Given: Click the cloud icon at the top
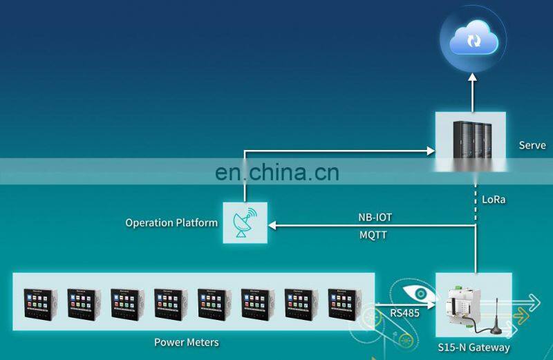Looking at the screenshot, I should click(474, 39).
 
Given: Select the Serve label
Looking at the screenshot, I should click(532, 145).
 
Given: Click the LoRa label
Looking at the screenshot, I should click(494, 200).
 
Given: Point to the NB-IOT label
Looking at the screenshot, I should click(375, 217).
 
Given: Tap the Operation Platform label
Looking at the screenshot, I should click(171, 222).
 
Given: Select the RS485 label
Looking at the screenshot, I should click(403, 313).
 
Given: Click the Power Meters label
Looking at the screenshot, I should click(186, 342).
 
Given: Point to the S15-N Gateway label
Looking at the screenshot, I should click(474, 348).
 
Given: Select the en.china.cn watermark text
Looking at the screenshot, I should click(276, 171).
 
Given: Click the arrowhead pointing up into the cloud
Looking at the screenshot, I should click(473, 81).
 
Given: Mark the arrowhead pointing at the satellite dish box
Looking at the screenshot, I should click(272, 225).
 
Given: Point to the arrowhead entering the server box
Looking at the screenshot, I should click(431, 147).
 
